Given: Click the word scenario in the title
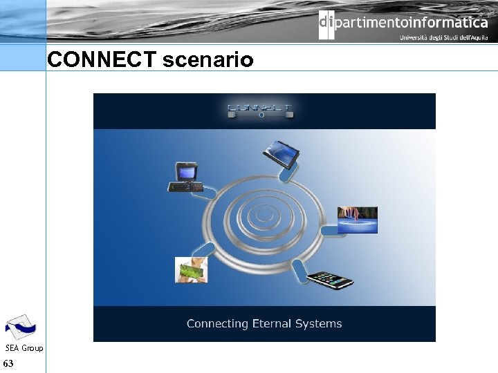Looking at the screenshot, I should click(207, 61).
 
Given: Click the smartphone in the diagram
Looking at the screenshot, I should click(331, 280).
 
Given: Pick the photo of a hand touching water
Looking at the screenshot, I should click(357, 220).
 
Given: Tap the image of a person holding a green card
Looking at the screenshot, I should click(191, 270).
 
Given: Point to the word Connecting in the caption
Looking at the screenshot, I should click(217, 323).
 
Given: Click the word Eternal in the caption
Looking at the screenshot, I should click(274, 323).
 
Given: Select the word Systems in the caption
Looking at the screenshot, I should click(320, 323).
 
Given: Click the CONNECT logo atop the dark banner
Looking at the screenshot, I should click(260, 111).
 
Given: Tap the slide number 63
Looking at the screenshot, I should click(8, 363).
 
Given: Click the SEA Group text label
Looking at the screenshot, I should click(24, 348).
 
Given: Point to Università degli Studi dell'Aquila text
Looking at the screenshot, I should click(443, 38).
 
